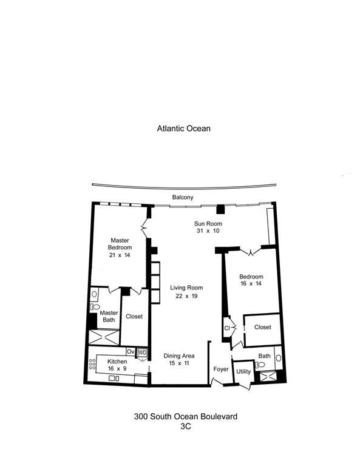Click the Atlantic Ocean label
pos(183,129)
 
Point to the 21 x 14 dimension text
pos(120,255)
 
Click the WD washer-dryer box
pos(143,352)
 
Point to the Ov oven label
pos(131,352)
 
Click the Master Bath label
pos(109,316)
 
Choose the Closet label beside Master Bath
pos(134,316)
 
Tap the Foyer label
pos(220,369)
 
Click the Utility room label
pos(243,371)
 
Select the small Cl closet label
pos(227,328)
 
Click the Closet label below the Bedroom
pos(262,327)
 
